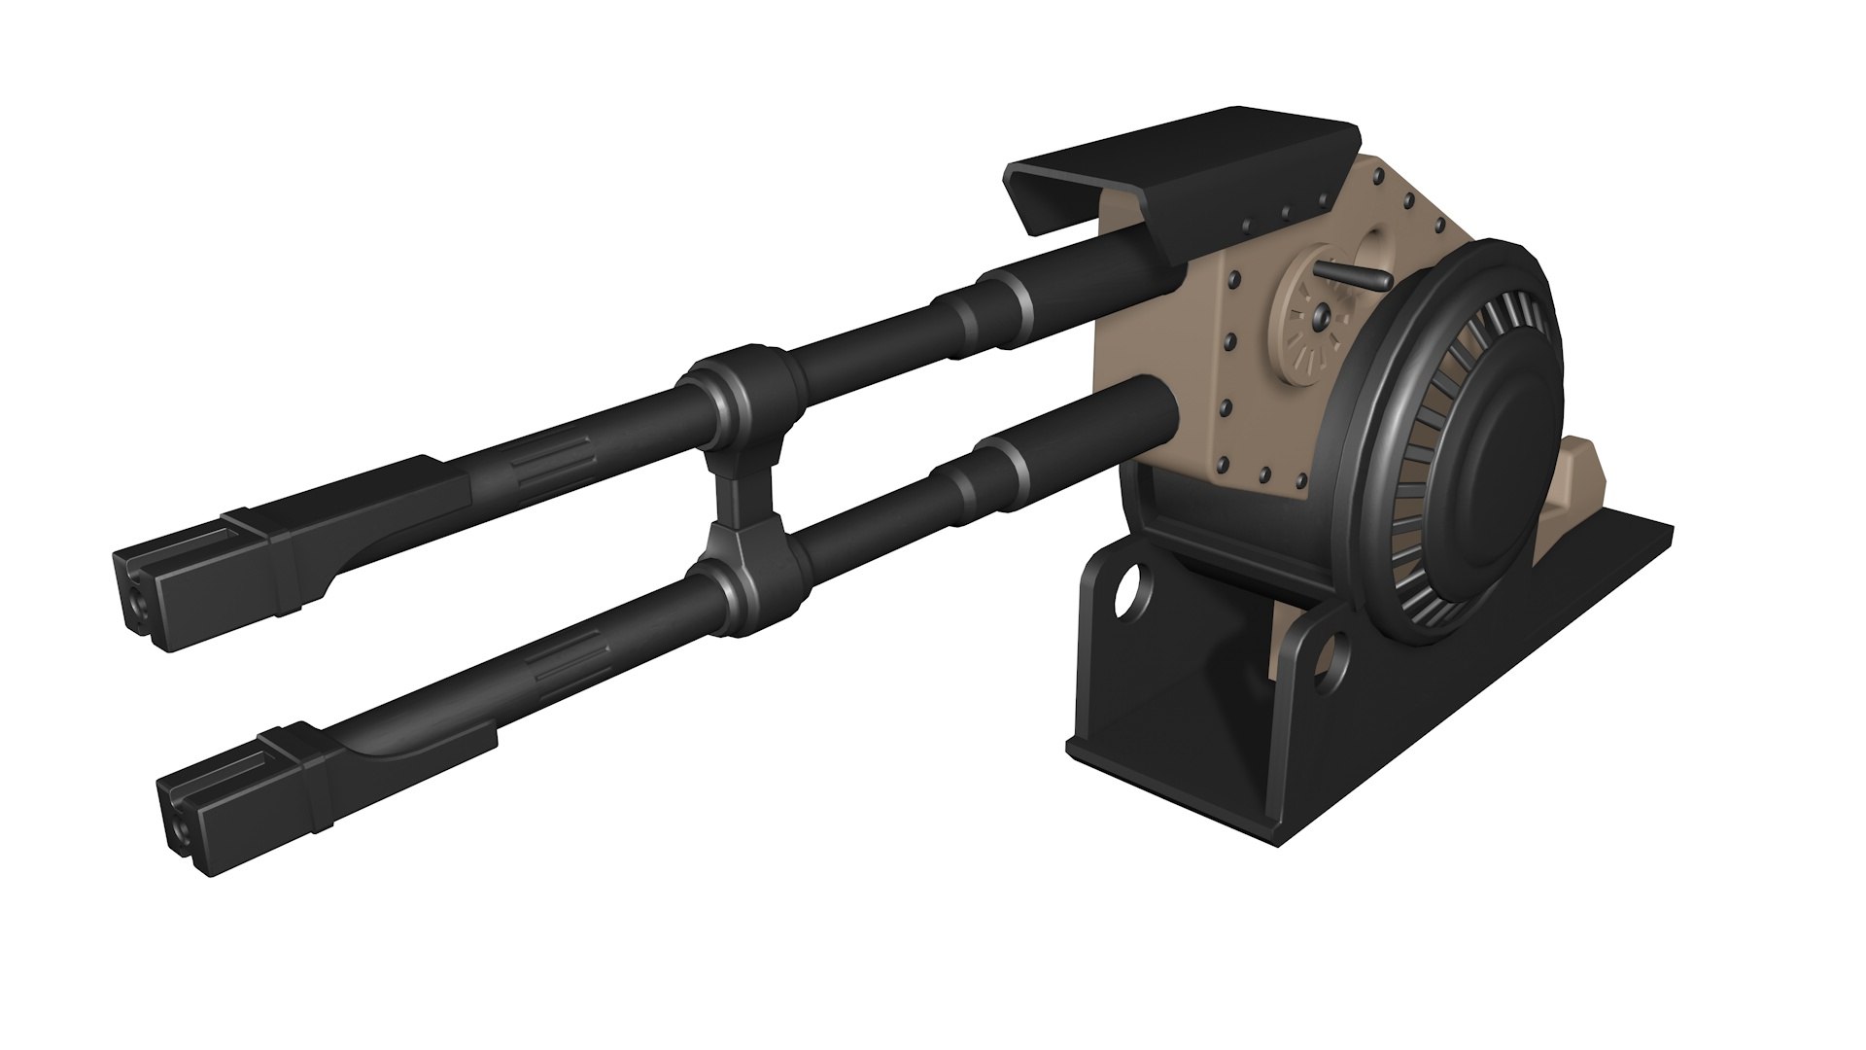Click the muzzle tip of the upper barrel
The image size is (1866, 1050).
pos(136,593)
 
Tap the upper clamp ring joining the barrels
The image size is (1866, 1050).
pos(739,394)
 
